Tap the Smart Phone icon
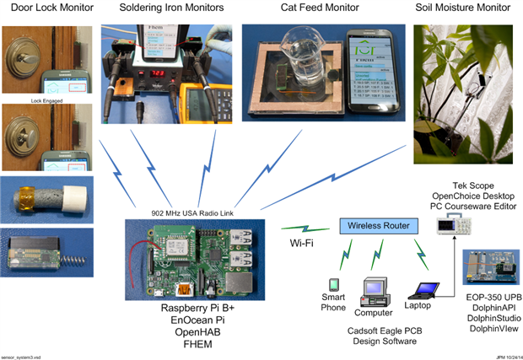pyautogui.click(x=333, y=285)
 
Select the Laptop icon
pyautogui.click(x=419, y=287)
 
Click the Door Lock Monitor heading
pyautogui.click(x=42, y=8)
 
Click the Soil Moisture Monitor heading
pyautogui.click(x=463, y=8)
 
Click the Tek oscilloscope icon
pyautogui.click(x=453, y=223)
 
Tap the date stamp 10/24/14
pyautogui.click(x=504, y=356)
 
